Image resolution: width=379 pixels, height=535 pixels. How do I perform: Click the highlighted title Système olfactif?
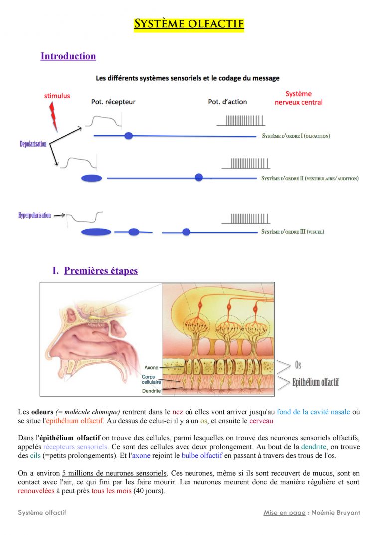pos(189,24)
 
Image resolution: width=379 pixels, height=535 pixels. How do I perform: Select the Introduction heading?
pos(68,56)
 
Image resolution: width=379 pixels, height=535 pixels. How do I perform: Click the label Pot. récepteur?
pos(113,102)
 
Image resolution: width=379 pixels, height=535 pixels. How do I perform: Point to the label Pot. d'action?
pos(227,102)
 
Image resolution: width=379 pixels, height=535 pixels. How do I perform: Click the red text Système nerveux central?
pos(299,98)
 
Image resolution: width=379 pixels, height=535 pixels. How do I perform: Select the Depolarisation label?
pos(33,144)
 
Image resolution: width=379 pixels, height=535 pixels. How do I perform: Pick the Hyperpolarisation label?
pos(35,215)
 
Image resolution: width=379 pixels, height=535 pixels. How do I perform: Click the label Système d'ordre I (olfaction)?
pos(296,136)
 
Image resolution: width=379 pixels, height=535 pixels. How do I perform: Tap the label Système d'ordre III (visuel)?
pos(293,232)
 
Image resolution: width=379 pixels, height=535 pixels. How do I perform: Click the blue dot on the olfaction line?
pos(129,136)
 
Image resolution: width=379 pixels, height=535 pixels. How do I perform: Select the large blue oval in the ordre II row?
pos(91,178)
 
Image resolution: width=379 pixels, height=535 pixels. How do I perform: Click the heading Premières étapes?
pos(101,271)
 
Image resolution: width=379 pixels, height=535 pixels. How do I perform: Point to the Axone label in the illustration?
pos(151,368)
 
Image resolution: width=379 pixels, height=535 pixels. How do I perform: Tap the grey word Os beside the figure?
pos(298,366)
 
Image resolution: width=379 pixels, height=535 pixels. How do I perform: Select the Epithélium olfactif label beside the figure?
pos(315,382)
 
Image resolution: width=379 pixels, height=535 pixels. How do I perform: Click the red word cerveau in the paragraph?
pos(261,421)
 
